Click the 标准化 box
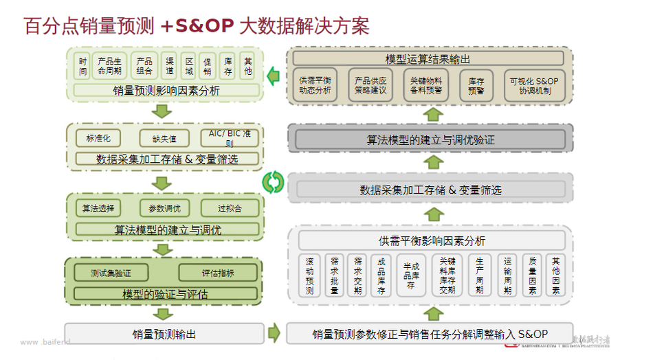(x=98, y=138)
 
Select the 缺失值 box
(x=164, y=138)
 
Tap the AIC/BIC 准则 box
(x=230, y=138)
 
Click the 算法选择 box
(x=98, y=208)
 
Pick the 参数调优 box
(x=164, y=208)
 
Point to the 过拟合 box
(x=230, y=208)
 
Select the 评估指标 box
(x=217, y=273)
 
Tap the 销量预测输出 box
(x=164, y=335)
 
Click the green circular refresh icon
(x=273, y=182)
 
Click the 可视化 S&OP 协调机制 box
(x=534, y=85)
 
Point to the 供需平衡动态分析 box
(x=316, y=85)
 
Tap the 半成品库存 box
(x=411, y=275)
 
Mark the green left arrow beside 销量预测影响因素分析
(x=273, y=74)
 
